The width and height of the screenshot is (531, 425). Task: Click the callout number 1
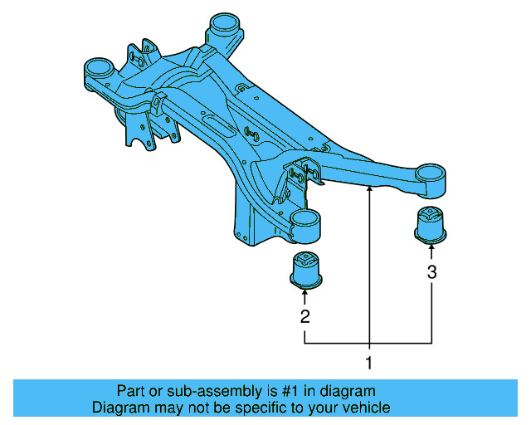pyautogui.click(x=369, y=363)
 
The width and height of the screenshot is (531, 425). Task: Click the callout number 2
pyautogui.click(x=305, y=316)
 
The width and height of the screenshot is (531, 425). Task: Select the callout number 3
pyautogui.click(x=431, y=271)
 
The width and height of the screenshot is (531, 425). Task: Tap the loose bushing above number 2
pyautogui.click(x=307, y=268)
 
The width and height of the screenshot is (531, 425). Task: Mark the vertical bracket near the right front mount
pyautogui.click(x=303, y=175)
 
